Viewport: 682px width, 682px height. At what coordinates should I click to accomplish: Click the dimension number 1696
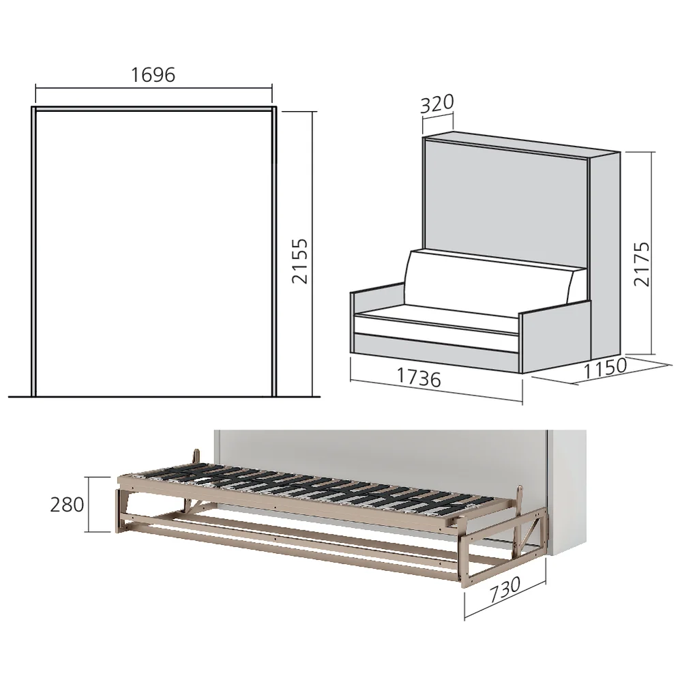point(153,74)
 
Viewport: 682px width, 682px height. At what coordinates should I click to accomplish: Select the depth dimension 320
point(437,104)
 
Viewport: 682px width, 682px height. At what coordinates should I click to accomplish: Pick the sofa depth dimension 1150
point(606,367)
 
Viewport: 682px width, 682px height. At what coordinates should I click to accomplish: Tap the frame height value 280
point(67,505)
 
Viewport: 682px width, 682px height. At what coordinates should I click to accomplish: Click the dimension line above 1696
point(153,87)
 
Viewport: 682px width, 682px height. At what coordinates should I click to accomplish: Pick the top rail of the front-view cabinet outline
point(153,108)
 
